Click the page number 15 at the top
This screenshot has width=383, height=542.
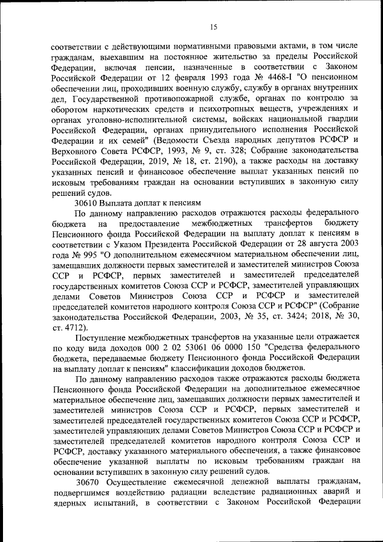(214, 26)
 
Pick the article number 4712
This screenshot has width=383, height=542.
(74, 329)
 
